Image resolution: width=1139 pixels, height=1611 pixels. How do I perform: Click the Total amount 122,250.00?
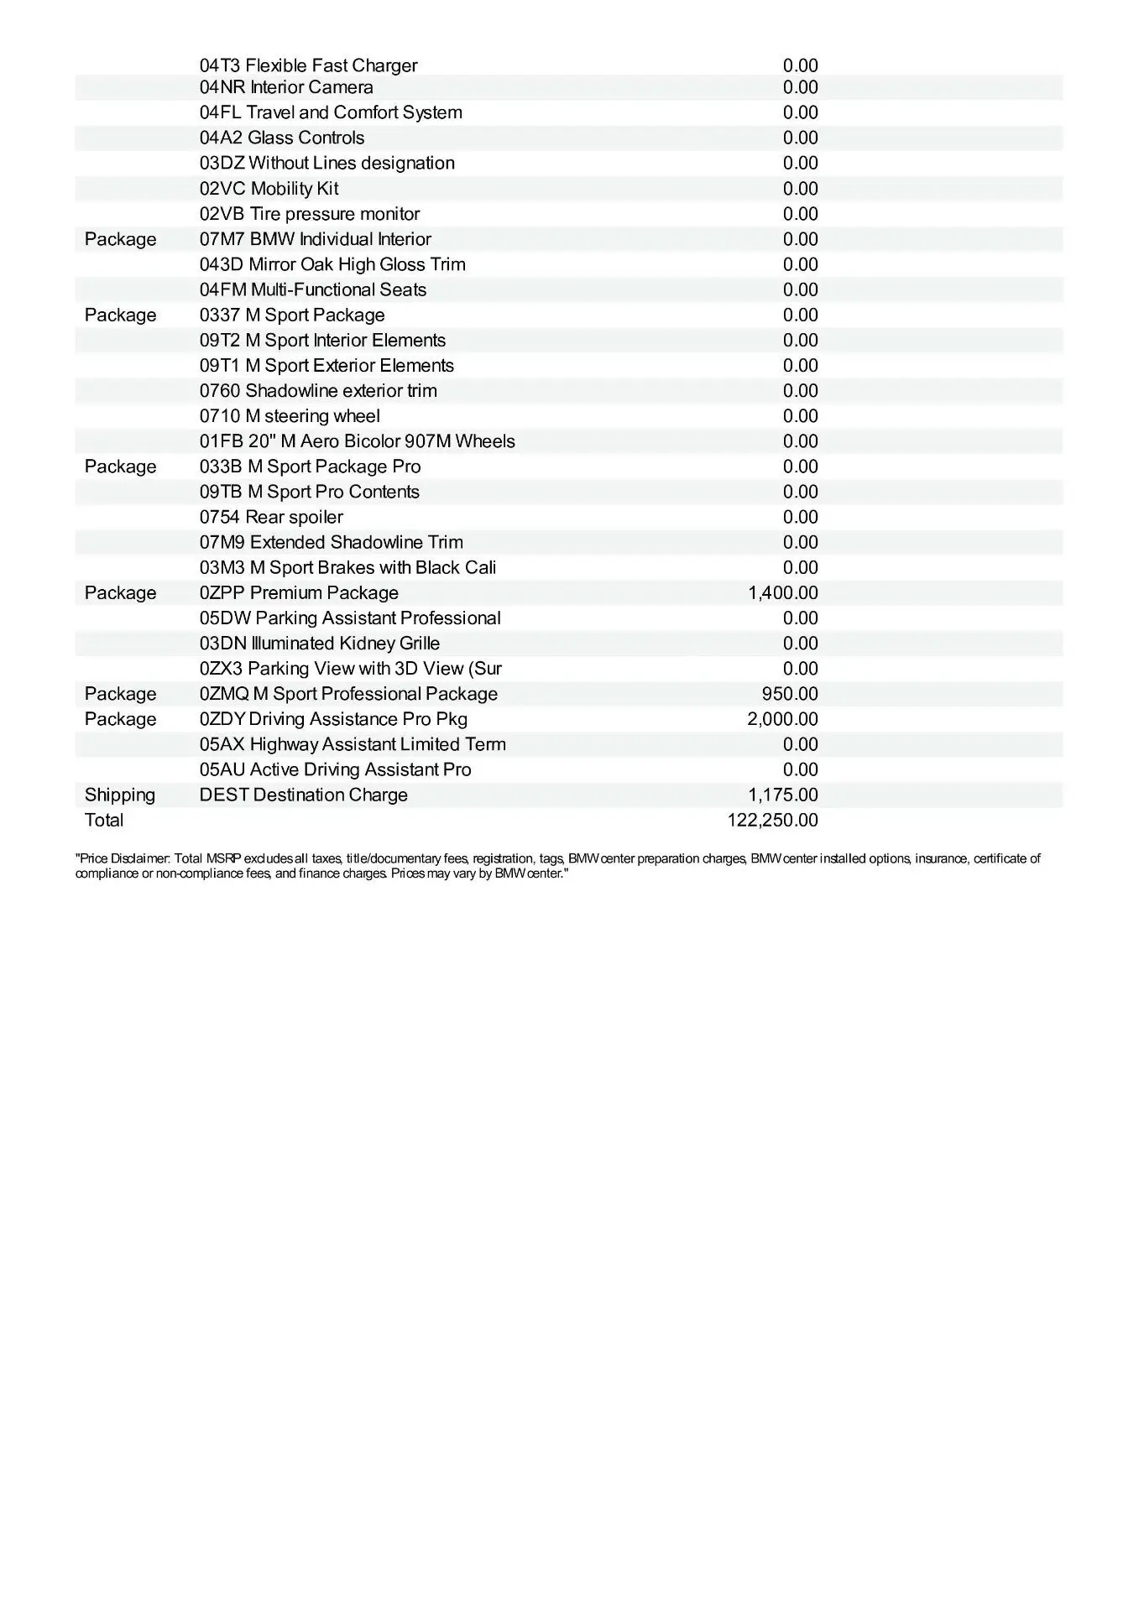772,820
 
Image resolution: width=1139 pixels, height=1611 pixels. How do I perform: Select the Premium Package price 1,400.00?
782,592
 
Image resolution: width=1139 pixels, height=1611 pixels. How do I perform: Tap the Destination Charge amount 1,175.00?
782,795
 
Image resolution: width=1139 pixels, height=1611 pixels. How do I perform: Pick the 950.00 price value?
790,694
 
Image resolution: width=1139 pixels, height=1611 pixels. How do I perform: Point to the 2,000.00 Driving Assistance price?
782,719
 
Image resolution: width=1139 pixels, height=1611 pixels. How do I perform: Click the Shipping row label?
120,795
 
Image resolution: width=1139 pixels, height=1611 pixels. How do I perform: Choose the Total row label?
104,820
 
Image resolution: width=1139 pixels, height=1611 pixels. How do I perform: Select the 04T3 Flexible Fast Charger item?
308,65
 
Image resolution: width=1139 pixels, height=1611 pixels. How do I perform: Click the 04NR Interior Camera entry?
286,87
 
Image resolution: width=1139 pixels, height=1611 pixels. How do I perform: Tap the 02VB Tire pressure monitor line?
310,214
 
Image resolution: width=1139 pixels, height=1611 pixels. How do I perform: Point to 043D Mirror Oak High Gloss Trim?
332,264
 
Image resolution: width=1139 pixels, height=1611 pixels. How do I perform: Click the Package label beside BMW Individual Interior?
120,239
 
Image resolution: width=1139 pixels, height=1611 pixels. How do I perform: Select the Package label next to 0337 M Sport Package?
120,315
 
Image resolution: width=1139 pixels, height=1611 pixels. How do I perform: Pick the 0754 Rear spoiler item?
271,517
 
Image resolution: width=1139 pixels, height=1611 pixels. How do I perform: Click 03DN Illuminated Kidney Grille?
320,643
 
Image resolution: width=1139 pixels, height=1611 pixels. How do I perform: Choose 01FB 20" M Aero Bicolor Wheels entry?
358,441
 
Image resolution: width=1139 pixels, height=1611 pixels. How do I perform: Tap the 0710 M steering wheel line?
290,416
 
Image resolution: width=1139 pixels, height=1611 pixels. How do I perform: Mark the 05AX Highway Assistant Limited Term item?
353,744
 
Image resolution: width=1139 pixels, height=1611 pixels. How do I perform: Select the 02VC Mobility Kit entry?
269,189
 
